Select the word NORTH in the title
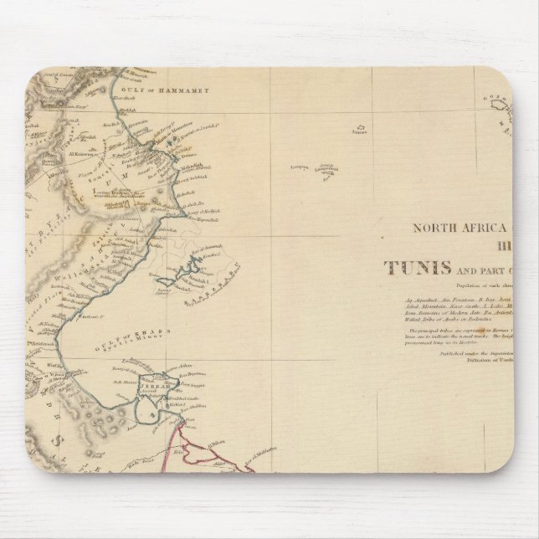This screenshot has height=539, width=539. pos(432,226)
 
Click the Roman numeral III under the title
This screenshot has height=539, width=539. pos(505,247)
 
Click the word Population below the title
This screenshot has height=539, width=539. pos(442,285)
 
